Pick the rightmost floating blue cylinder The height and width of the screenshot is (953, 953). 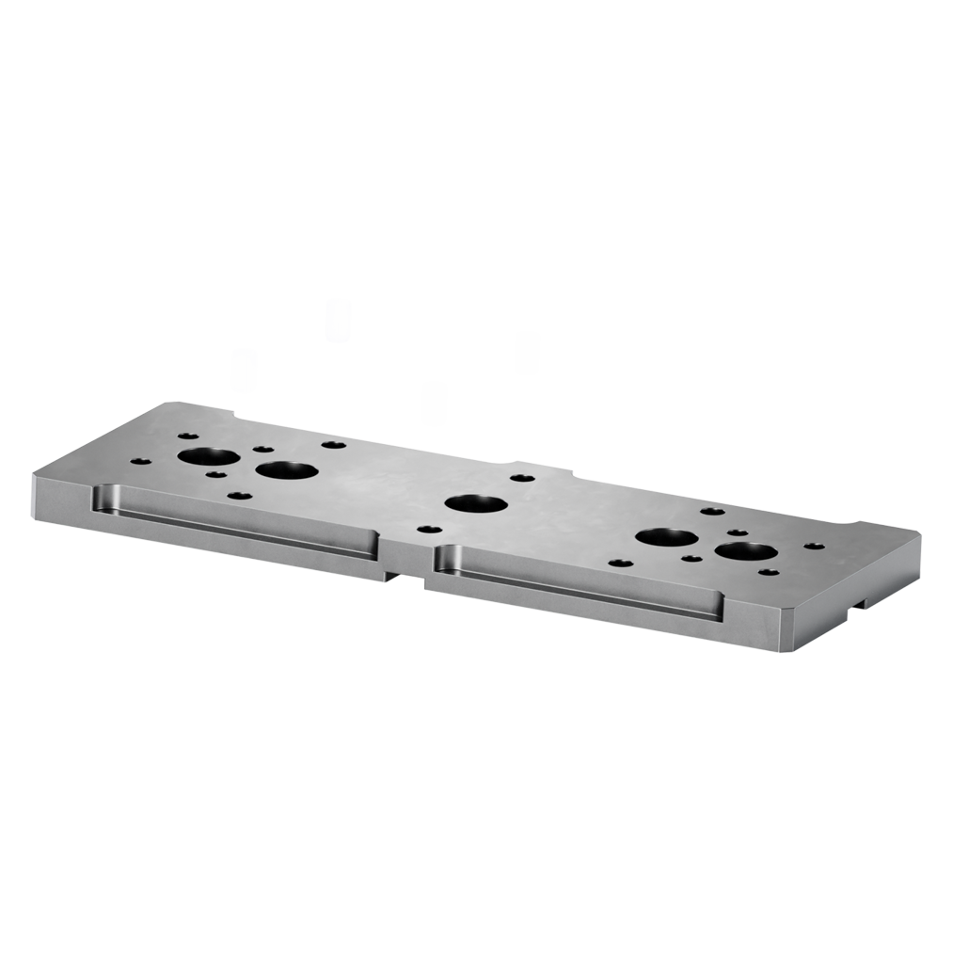point(527,353)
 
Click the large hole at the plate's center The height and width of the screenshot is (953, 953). point(476,503)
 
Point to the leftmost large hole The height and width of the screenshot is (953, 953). point(209,458)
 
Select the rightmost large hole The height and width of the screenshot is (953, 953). point(745,551)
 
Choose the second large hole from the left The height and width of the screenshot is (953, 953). point(285,469)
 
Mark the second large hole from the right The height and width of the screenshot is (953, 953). point(667,539)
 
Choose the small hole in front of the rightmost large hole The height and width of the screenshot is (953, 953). point(769,572)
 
